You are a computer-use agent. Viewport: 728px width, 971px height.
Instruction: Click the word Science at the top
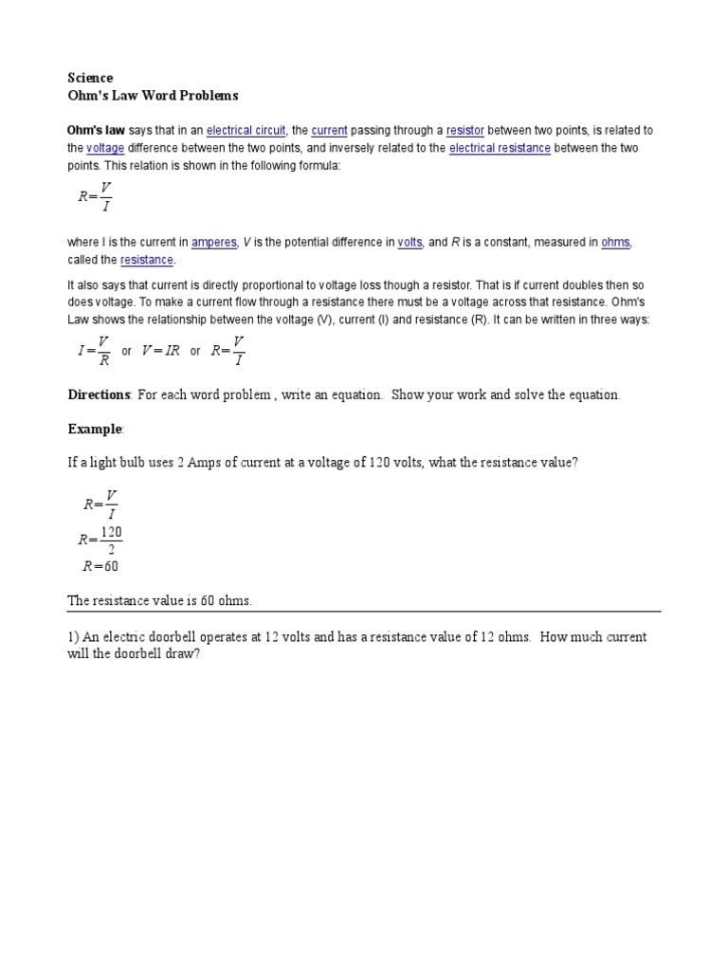pos(90,78)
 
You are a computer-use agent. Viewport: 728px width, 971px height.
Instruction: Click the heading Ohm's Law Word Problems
pos(153,96)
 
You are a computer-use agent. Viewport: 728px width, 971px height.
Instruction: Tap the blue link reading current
pos(329,131)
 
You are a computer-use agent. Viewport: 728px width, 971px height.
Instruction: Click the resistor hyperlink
pos(465,131)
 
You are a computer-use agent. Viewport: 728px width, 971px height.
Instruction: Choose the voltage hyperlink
pos(105,149)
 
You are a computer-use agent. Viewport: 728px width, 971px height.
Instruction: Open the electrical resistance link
pos(500,149)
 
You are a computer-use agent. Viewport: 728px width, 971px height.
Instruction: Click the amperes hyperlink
pos(214,243)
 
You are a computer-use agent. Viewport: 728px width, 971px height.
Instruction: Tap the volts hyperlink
pos(410,243)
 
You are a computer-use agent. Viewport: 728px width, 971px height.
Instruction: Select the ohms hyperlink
pos(615,243)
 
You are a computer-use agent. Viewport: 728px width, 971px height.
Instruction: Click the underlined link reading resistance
pos(147,260)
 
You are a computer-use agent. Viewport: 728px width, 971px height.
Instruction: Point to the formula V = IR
pos(160,351)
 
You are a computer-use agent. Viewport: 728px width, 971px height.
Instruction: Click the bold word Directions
pos(99,394)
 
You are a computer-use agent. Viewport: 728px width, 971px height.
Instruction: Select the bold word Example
pos(95,430)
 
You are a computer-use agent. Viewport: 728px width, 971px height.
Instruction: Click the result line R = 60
pos(100,567)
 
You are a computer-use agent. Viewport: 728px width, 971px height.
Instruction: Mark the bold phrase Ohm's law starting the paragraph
pos(96,131)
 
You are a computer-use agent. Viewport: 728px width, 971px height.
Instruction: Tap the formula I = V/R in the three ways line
pos(94,350)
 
